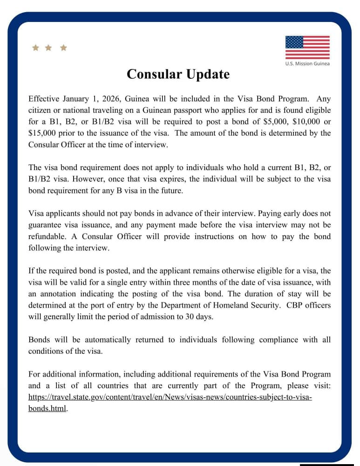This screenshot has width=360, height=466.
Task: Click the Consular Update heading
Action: coord(178,74)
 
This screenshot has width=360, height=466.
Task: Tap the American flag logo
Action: coord(307,48)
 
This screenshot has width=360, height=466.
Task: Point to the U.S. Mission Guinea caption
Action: coord(307,63)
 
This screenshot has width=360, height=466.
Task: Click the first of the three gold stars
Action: coord(35,48)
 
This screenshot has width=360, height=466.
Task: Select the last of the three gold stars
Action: coord(63,48)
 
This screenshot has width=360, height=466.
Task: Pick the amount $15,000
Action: coord(42,133)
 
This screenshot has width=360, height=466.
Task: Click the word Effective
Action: coord(44,99)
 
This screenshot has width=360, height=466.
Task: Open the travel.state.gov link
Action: coord(170,397)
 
